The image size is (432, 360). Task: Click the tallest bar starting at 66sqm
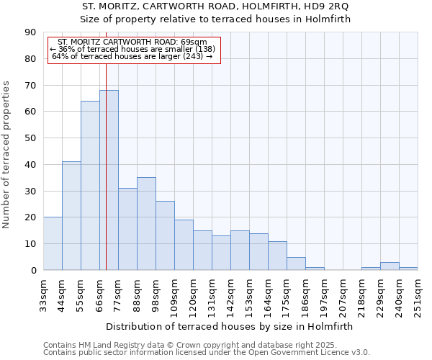tap(109, 180)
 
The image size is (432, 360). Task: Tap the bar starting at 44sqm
tap(71, 216)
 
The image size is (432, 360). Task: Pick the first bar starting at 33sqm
tap(53, 243)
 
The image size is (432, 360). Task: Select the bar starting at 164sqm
tap(277, 256)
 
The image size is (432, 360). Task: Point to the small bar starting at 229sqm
tap(390, 266)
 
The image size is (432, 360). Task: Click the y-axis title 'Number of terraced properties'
tap(7, 155)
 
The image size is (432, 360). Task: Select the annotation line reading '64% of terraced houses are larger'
tap(132, 56)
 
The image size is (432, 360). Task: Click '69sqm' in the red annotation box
tap(194, 42)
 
